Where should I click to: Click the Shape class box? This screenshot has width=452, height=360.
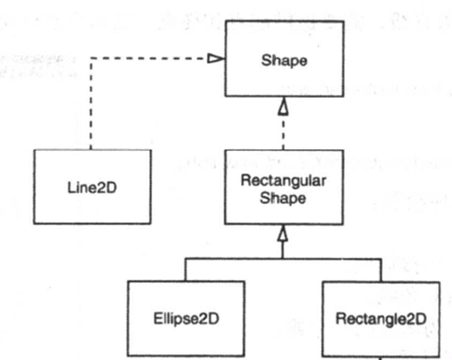pos(284,77)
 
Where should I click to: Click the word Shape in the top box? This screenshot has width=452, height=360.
pos(284,60)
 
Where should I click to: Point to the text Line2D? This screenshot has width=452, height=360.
pos(93,188)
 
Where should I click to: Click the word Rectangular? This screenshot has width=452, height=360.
pos(284,181)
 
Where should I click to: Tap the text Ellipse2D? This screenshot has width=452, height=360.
pos(186,319)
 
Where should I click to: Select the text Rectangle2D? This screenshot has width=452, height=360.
pos(381,319)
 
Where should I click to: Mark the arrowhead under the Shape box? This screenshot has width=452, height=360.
pos(283,106)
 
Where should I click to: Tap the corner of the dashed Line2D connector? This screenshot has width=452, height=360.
pos(91,59)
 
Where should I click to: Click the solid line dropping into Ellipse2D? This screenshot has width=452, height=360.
pos(186,270)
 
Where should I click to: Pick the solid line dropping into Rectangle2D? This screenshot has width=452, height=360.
pos(381,270)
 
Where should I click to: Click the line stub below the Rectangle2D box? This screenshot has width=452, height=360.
pos(381,357)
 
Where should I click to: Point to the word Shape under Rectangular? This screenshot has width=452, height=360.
pos(283,199)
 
